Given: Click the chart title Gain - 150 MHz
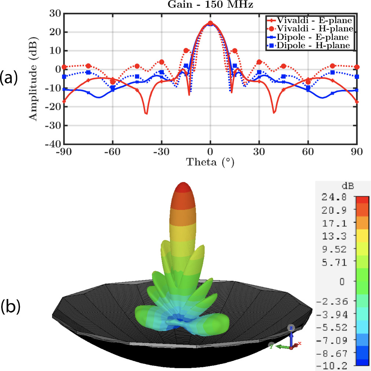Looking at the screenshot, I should pos(210,5).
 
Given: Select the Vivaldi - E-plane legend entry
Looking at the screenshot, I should pos(308,19).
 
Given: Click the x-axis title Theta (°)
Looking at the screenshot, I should pos(210,161).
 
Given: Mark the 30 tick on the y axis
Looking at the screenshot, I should pos(55,13).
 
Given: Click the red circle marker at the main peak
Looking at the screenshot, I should pos(210,23).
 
